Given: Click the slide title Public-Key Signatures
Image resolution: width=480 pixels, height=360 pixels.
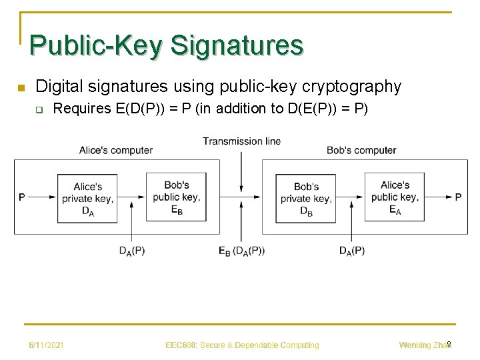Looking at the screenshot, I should (166, 45).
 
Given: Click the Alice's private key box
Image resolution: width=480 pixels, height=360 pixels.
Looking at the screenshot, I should (87, 197).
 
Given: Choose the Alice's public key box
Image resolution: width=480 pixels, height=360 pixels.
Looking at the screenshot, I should (395, 197).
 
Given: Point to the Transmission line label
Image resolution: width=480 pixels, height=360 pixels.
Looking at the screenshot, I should (241, 141).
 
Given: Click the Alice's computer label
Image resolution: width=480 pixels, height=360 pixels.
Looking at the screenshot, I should (115, 150).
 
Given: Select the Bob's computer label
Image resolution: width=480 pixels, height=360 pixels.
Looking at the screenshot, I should (361, 150).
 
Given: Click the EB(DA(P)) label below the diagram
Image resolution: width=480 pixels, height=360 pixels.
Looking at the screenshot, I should (241, 251).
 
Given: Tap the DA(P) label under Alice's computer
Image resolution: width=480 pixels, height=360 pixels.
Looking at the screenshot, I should (131, 251).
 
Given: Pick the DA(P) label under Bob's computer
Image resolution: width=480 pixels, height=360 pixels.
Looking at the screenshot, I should (351, 251).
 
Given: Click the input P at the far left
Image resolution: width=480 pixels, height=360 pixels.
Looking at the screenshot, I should (22, 197).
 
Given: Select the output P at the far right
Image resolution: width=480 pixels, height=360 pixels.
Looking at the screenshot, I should (458, 197).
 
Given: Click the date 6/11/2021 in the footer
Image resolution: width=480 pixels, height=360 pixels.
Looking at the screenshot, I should (46, 345).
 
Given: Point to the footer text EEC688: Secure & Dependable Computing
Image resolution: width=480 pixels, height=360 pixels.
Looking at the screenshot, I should (242, 345).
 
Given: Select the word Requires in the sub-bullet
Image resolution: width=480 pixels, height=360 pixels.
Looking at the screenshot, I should (83, 109).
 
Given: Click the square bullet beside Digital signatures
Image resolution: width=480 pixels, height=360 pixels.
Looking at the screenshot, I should (20, 87).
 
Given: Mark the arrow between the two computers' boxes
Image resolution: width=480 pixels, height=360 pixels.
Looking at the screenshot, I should (241, 197).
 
